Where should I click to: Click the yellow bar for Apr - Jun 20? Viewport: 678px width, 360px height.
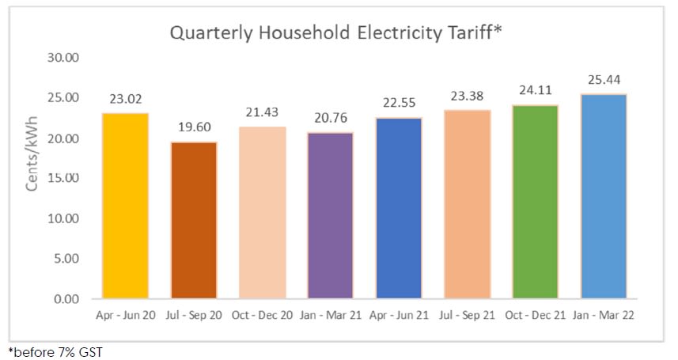[125, 206]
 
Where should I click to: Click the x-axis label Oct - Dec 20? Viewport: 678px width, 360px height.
[262, 316]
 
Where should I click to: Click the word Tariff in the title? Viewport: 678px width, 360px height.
[472, 34]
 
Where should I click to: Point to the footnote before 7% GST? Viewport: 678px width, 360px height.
[55, 351]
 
